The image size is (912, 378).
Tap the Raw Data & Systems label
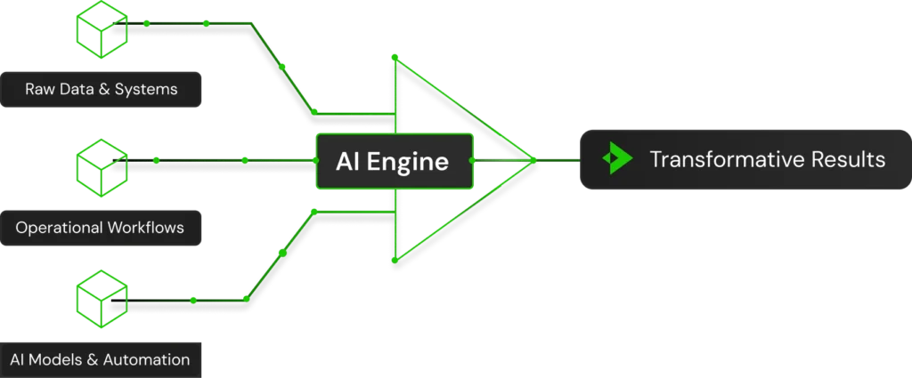click(x=101, y=89)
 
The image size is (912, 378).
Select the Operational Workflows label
click(x=100, y=228)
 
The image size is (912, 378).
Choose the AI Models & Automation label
click(x=100, y=360)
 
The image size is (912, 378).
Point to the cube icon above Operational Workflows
click(x=101, y=161)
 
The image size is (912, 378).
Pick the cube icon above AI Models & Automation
click(x=101, y=298)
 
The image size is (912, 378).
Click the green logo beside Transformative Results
click(x=616, y=160)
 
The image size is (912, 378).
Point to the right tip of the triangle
click(x=534, y=160)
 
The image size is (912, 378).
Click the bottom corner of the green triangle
click(x=394, y=262)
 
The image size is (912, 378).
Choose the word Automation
click(x=146, y=360)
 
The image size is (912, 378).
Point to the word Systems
click(x=148, y=89)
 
